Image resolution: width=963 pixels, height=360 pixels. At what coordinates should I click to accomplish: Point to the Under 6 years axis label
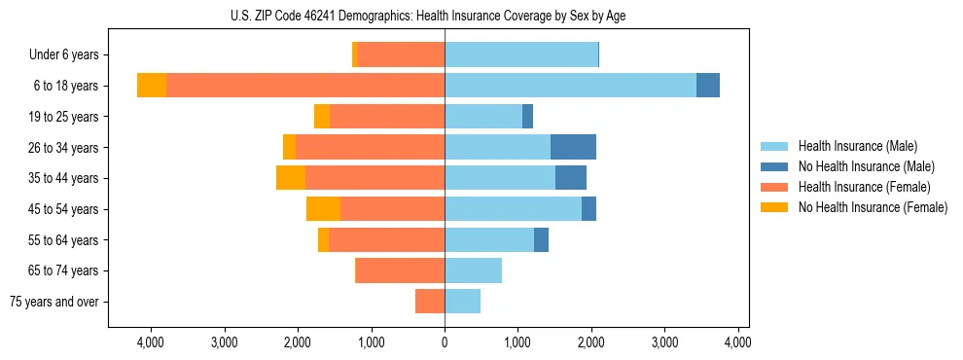63,55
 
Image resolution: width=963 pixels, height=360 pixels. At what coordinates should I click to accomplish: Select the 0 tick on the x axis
445,342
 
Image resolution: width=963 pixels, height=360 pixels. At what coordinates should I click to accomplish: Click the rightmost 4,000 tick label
737,342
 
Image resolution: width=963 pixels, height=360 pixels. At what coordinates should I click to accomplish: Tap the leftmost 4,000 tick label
151,342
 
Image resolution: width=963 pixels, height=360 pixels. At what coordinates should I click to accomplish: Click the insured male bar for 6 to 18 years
570,86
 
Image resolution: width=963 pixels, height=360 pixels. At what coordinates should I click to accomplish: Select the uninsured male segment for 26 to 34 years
573,147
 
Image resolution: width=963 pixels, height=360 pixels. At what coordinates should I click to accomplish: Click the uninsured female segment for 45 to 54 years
323,209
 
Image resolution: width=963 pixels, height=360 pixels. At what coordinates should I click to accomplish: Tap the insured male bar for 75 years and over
462,302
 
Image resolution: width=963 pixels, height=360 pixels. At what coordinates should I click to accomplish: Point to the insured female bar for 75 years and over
430,302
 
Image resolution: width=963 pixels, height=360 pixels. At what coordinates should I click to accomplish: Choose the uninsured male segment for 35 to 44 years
571,178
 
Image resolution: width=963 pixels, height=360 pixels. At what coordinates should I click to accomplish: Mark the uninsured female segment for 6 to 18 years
152,86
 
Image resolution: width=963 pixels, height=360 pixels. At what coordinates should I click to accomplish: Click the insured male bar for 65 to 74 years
473,270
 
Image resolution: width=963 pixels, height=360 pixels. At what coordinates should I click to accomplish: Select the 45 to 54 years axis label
63,209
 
